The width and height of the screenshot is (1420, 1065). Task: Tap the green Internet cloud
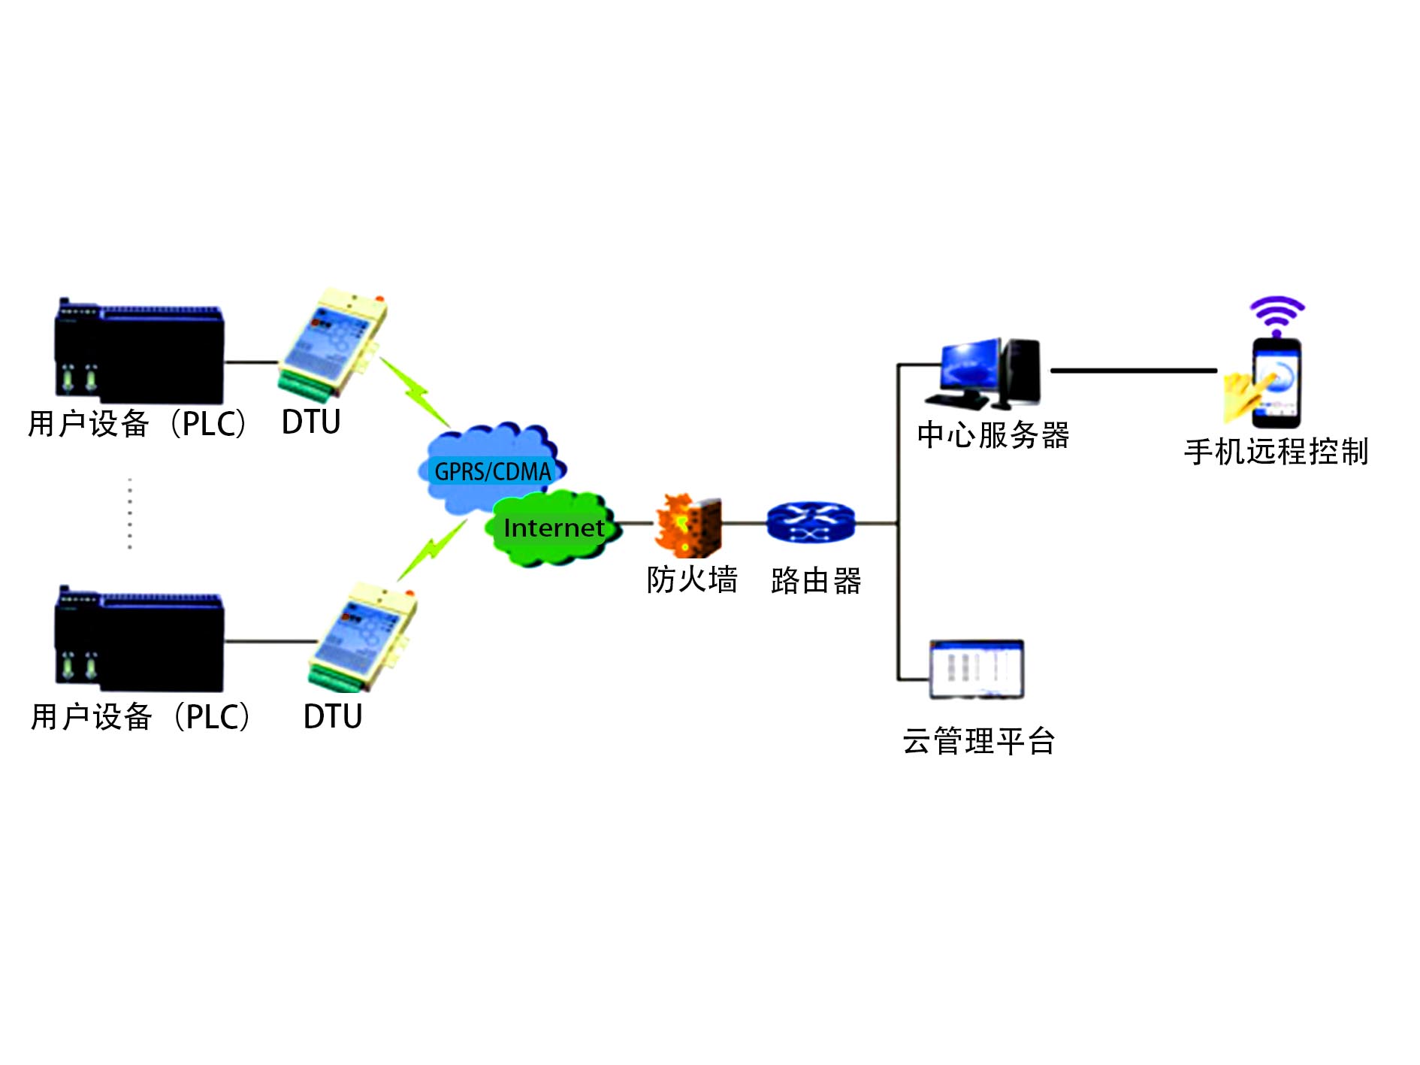(554, 528)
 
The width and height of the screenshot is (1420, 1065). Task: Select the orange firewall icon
(688, 525)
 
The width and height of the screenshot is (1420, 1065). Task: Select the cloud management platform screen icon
(976, 668)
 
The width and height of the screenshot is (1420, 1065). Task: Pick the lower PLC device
(140, 640)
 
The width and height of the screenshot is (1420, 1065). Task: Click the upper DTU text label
(311, 422)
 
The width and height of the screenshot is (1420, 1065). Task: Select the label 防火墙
(692, 580)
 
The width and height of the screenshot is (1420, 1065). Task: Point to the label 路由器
(816, 581)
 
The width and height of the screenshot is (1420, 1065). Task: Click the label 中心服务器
(992, 435)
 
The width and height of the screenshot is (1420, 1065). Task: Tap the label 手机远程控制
(1276, 452)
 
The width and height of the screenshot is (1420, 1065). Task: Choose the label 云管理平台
(978, 741)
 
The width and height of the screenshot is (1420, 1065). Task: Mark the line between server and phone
(1133, 371)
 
